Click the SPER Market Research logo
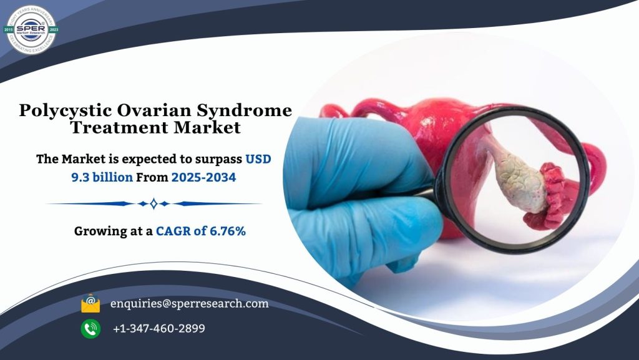[31, 29]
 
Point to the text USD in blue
[258, 159]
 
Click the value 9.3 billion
[101, 177]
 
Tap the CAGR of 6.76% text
[201, 231]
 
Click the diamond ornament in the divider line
[153, 203]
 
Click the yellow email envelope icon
[90, 304]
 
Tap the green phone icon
[90, 328]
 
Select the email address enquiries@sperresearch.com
[189, 304]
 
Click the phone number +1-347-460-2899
[159, 328]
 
